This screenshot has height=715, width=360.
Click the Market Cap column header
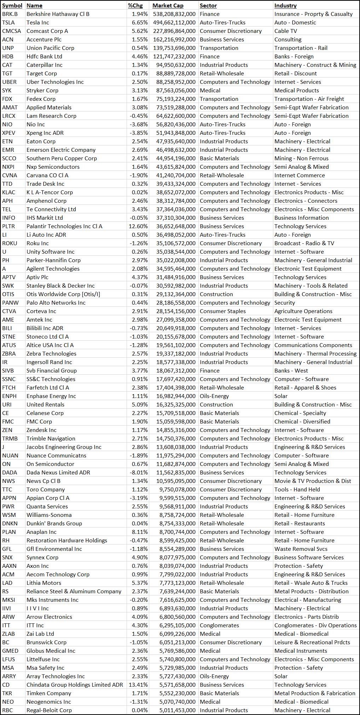[168, 6]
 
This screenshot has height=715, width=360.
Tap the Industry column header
[285, 6]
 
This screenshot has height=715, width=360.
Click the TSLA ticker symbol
[8, 23]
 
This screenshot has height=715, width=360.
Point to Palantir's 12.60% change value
[138, 226]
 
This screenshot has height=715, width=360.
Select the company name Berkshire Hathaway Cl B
[58, 14]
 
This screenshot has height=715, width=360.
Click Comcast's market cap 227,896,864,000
[174, 31]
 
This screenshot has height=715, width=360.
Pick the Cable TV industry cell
[286, 31]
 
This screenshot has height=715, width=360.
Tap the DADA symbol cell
[10, 473]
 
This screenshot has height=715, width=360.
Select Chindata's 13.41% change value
[138, 685]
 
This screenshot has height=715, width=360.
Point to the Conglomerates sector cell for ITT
[219, 625]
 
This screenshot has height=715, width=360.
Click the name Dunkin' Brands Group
[54, 524]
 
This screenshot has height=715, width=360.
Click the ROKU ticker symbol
[10, 243]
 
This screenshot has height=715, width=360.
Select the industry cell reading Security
[284, 303]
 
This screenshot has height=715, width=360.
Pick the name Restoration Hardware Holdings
[66, 541]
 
